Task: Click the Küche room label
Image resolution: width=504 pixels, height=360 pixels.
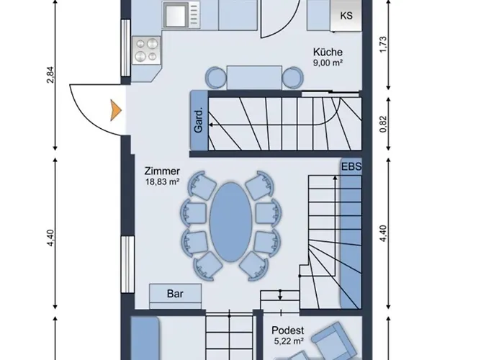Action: (328, 52)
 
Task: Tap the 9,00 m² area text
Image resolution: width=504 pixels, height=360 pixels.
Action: (328, 63)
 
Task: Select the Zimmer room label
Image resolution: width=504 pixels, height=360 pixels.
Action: (162, 171)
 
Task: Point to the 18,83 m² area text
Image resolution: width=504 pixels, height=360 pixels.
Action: (162, 181)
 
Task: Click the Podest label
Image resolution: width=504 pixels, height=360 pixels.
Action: (288, 330)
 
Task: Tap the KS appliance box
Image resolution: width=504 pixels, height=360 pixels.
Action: (346, 15)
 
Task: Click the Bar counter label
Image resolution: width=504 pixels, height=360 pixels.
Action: (175, 294)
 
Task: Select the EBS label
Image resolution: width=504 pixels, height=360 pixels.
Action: (351, 167)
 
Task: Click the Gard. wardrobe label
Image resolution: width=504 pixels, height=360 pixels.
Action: (199, 120)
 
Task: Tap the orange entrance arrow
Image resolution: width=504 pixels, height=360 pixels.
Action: (115, 110)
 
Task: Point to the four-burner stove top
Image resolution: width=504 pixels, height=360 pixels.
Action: (147, 50)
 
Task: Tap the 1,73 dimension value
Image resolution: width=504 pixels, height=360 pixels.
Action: (384, 45)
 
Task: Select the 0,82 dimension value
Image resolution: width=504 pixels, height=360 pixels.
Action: (384, 124)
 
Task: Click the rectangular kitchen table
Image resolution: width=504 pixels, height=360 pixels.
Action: (254, 78)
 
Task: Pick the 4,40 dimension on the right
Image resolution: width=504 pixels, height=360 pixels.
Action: (384, 234)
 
